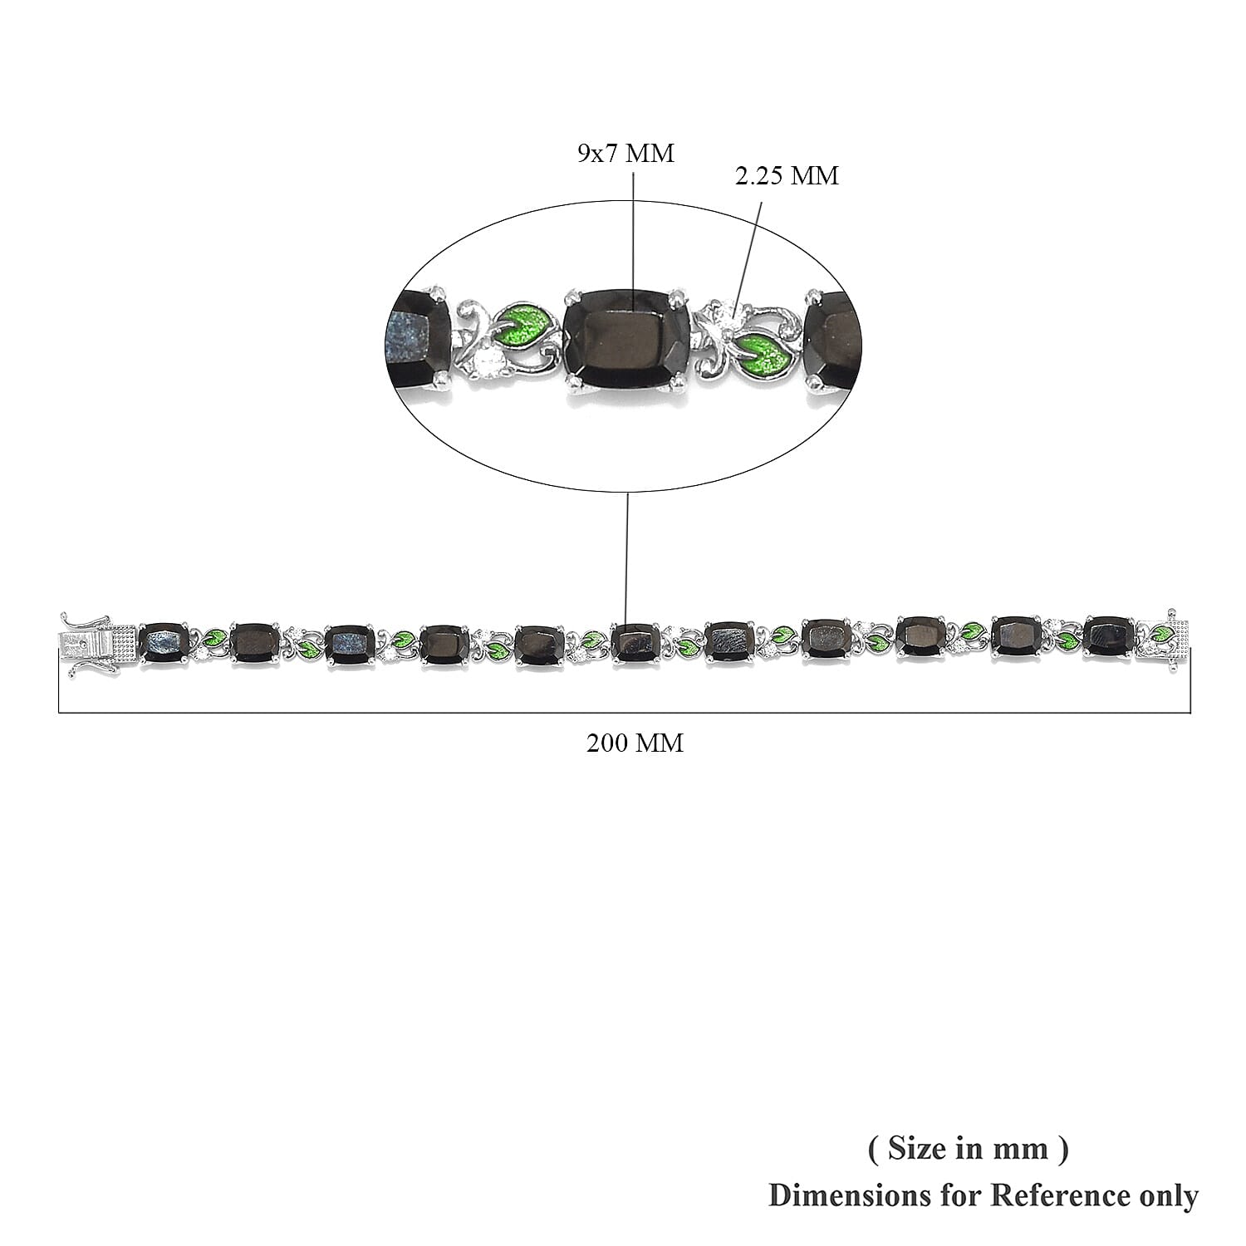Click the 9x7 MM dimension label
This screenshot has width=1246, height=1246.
point(625,154)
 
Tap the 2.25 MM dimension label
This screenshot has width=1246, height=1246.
point(787,175)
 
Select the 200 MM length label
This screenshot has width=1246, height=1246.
point(635,743)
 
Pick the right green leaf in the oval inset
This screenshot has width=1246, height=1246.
point(764,352)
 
